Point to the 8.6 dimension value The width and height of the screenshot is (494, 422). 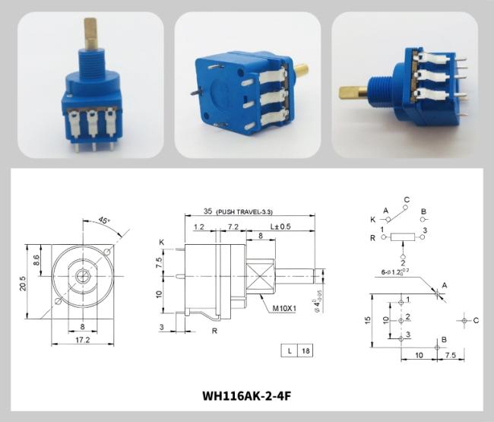[36, 259]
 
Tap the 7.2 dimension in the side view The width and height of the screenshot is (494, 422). [233, 227]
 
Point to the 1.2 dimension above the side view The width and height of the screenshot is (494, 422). [200, 227]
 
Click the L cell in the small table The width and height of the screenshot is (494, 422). [290, 351]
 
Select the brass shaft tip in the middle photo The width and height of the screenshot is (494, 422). [302, 71]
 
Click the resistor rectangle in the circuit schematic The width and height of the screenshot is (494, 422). [403, 237]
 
